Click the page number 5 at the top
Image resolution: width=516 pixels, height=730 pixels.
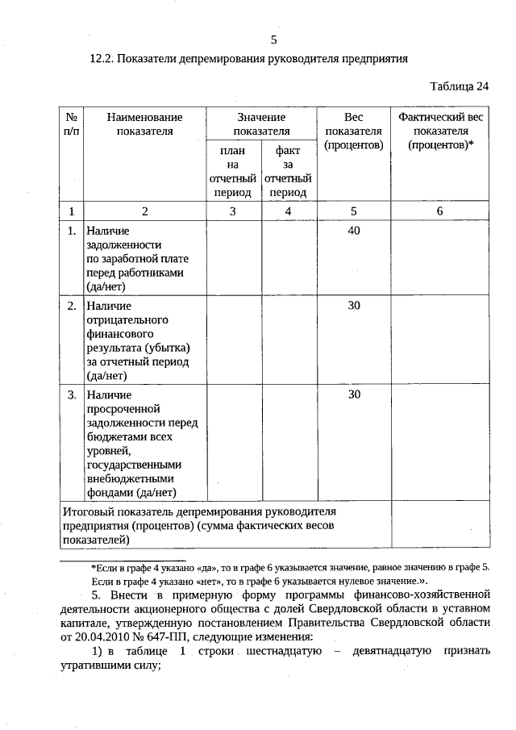click(x=273, y=40)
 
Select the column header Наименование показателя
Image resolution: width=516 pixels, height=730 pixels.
click(x=144, y=124)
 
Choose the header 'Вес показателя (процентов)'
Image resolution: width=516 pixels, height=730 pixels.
click(x=353, y=131)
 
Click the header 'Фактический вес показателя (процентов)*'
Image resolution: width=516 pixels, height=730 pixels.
click(x=440, y=131)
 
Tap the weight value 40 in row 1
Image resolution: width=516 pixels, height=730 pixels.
click(x=353, y=231)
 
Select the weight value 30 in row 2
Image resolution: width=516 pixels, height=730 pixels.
click(x=353, y=306)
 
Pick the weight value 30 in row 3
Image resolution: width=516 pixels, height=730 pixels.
click(x=353, y=394)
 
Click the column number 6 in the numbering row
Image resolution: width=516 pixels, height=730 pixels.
click(x=440, y=211)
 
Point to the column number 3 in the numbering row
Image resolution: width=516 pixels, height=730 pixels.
click(x=233, y=211)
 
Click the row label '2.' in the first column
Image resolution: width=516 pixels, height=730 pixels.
click(x=72, y=306)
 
